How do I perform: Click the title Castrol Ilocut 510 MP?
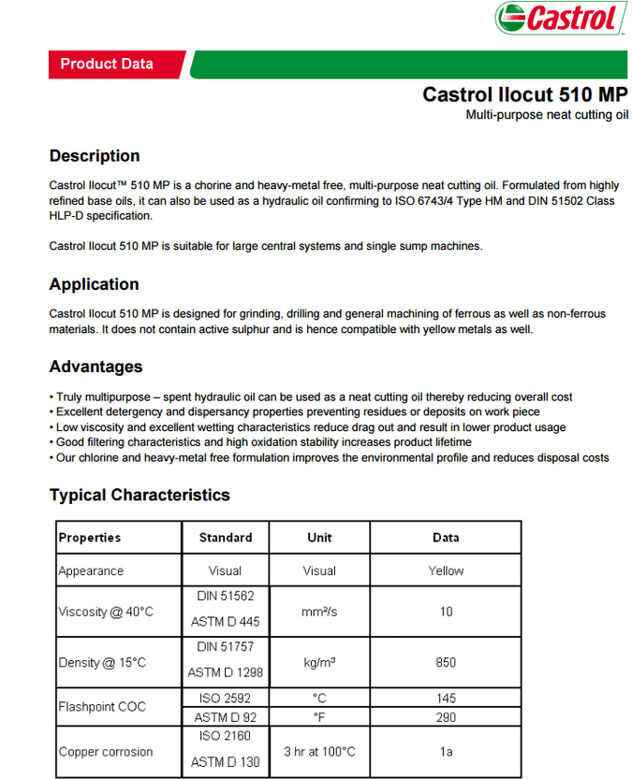524,94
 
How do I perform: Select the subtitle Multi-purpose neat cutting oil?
547,115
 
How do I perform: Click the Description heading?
95,156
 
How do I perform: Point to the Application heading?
94,284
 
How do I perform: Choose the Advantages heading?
96,367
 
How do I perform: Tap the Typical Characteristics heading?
140,495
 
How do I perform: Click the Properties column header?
90,538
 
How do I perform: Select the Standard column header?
226,538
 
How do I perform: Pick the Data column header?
446,538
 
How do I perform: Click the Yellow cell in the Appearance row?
446,570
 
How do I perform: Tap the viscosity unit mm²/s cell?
319,612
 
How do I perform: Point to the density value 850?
446,662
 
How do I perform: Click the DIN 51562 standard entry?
226,595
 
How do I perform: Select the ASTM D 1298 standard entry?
226,672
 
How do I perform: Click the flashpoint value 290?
446,717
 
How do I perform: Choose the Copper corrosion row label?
106,752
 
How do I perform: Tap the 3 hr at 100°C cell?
319,752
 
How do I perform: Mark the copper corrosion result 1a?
446,752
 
